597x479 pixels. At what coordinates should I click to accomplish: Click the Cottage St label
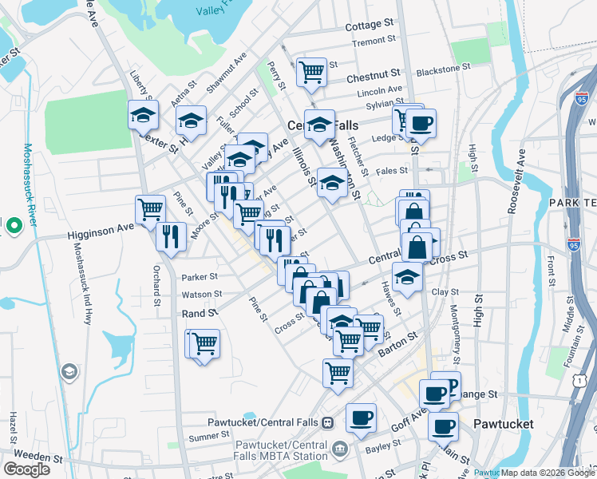(x=370, y=26)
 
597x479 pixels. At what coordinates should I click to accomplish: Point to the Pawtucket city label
(x=503, y=423)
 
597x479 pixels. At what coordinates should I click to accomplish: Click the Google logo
(x=26, y=469)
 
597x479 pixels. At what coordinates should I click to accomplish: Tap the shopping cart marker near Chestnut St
(x=310, y=72)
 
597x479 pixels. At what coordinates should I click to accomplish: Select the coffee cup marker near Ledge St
(x=421, y=123)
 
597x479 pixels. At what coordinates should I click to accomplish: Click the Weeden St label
(x=33, y=459)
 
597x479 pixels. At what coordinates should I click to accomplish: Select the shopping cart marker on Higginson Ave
(x=150, y=211)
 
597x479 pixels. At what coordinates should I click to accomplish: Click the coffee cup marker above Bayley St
(x=361, y=418)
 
